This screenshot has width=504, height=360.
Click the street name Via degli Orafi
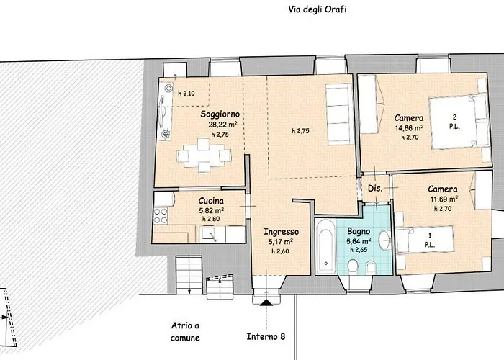point(318,9)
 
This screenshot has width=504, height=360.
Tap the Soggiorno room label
point(220,114)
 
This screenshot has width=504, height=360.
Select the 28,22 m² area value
point(222,125)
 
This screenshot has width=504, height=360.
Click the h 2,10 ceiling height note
point(186,94)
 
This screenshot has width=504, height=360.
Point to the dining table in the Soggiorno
point(204,156)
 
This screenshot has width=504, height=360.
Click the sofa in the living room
point(339,114)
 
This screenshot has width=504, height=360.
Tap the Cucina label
point(211,201)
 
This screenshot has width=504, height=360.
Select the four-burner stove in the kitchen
point(161,215)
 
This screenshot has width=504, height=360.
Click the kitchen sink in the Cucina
point(209,234)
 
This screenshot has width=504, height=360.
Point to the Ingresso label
point(282,231)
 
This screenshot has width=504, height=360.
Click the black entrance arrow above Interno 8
point(266,302)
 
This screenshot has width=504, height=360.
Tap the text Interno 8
point(266,336)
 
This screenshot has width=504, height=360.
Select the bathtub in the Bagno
point(325,247)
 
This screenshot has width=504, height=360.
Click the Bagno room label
point(359,231)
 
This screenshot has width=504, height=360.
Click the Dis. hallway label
point(375,189)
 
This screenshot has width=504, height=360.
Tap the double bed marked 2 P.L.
point(459,122)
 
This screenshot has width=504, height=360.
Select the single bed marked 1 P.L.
point(425,240)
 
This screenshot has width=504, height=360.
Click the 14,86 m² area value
point(409,128)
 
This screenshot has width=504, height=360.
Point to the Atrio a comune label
point(185,332)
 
